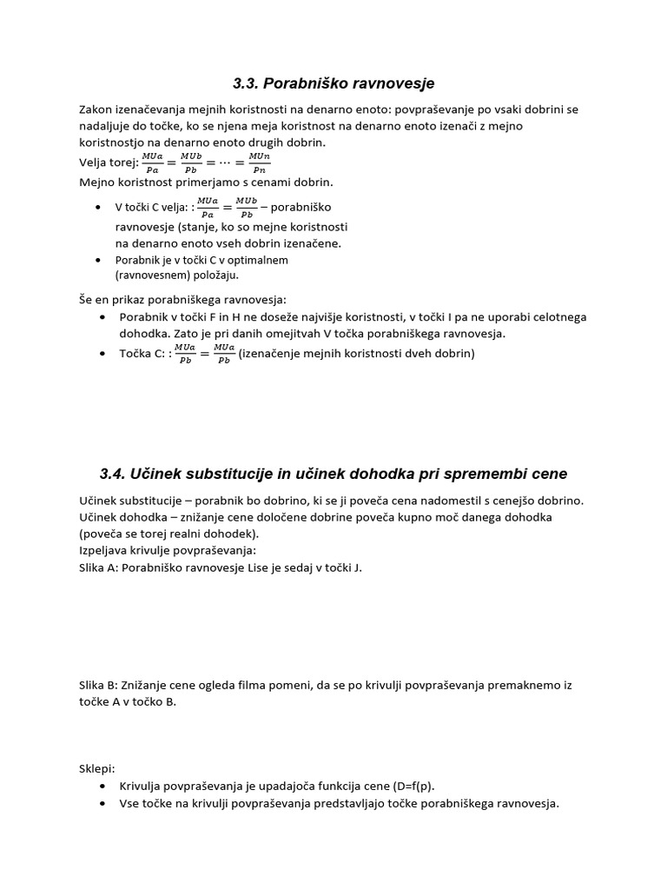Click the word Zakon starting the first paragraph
[96, 110]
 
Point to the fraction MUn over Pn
[260, 163]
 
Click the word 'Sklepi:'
[96, 768]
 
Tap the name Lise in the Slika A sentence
[275, 567]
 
